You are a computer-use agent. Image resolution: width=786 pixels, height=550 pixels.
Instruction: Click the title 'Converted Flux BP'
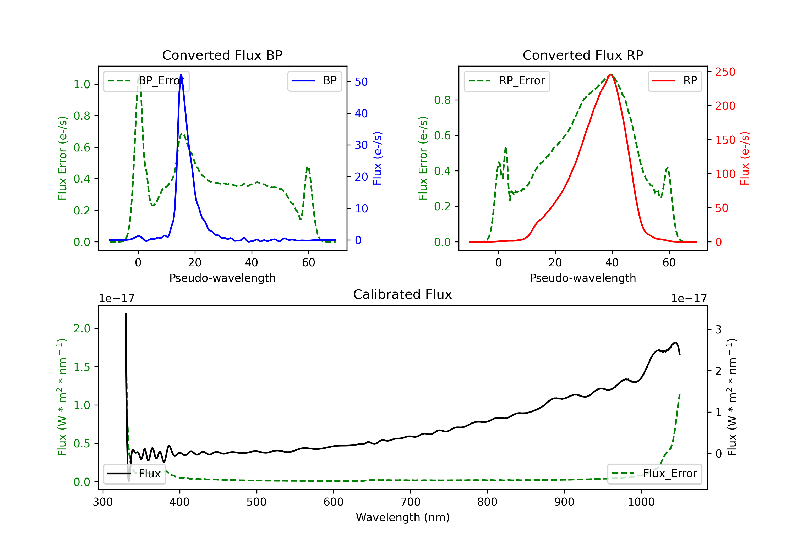(222, 55)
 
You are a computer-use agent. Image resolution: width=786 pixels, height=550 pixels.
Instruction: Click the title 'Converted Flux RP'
(583, 55)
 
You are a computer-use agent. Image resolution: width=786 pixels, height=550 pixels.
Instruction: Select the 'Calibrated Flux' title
(403, 294)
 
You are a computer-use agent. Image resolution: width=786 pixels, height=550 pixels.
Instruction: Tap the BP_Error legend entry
(146, 81)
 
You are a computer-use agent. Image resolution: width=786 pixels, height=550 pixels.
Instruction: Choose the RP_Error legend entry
(507, 81)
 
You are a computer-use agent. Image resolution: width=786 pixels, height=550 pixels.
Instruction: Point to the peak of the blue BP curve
(181, 74)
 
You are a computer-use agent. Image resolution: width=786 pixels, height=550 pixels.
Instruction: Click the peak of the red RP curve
(611, 74)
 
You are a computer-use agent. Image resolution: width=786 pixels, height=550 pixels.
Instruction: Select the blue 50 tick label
(361, 82)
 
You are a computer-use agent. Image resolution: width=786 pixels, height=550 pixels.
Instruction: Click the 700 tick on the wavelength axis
(411, 502)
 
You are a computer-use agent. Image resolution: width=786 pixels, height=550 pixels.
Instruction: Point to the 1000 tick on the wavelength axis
(641, 502)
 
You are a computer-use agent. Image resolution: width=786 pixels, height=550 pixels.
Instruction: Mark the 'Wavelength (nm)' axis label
(403, 517)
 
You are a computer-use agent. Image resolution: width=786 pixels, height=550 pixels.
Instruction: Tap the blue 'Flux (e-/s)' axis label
(377, 158)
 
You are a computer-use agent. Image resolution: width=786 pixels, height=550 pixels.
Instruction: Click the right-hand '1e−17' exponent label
(689, 299)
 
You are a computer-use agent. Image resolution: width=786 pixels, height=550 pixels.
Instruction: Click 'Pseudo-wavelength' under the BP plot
(222, 278)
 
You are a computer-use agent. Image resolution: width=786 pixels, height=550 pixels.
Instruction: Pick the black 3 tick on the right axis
(719, 329)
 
